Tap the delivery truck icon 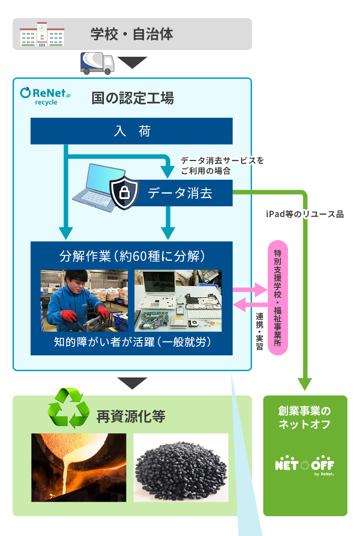click(x=97, y=63)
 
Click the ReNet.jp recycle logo click(x=45, y=96)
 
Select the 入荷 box click(x=131, y=131)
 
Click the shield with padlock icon click(x=125, y=193)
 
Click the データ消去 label click(x=180, y=193)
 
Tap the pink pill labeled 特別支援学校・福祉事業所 click(x=278, y=298)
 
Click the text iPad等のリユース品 click(x=305, y=214)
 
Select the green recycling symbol click(x=69, y=408)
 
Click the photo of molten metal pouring click(x=79, y=468)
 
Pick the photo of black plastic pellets click(x=181, y=468)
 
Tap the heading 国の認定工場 click(x=133, y=97)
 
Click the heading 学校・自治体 click(x=131, y=34)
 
